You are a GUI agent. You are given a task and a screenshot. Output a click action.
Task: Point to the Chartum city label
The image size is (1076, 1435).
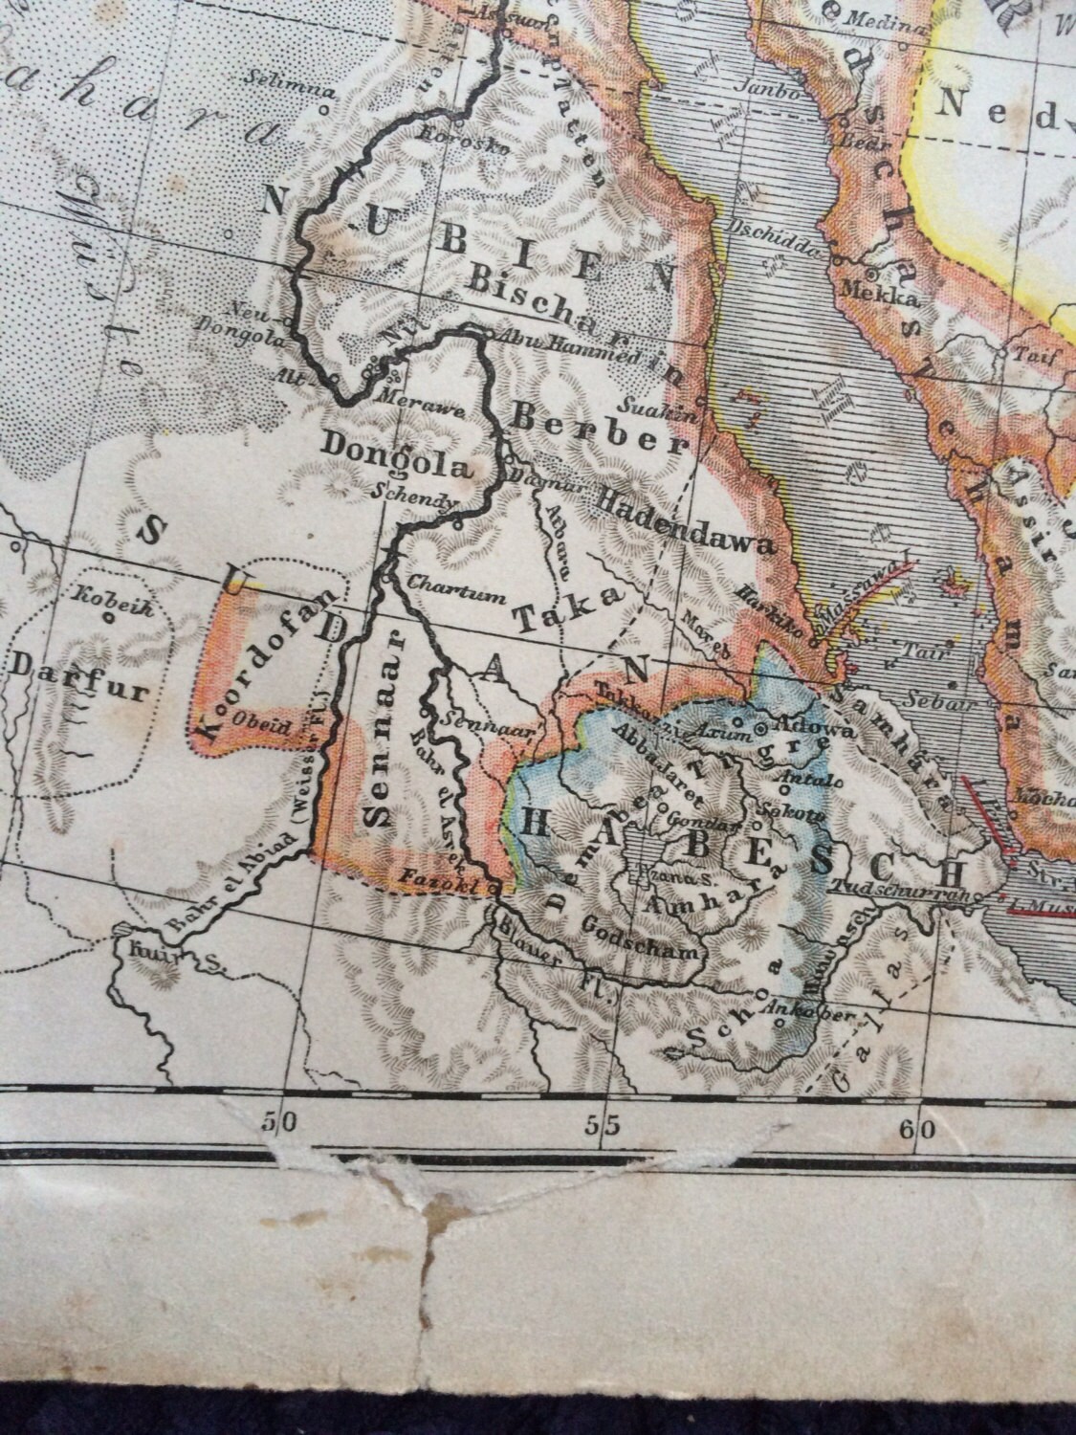click(455, 592)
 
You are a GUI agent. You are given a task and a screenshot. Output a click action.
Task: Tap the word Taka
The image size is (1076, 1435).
click(568, 609)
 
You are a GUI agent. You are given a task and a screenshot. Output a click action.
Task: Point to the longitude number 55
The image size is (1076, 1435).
click(602, 1127)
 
